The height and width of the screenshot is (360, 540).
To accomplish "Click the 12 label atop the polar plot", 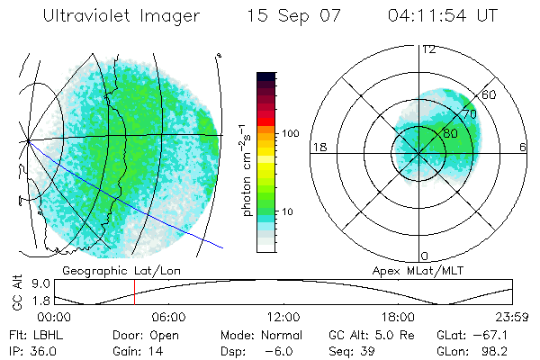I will (428, 49).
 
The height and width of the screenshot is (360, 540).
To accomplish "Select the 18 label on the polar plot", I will (318, 147).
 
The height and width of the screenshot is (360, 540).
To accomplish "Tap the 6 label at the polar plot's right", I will (523, 147).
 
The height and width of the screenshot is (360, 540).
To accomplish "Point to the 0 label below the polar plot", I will (425, 256).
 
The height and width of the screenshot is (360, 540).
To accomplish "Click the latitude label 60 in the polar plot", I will (490, 94).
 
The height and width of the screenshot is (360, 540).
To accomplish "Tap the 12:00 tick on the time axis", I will (283, 317).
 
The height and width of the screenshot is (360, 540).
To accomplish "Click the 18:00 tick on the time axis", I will (398, 317).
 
